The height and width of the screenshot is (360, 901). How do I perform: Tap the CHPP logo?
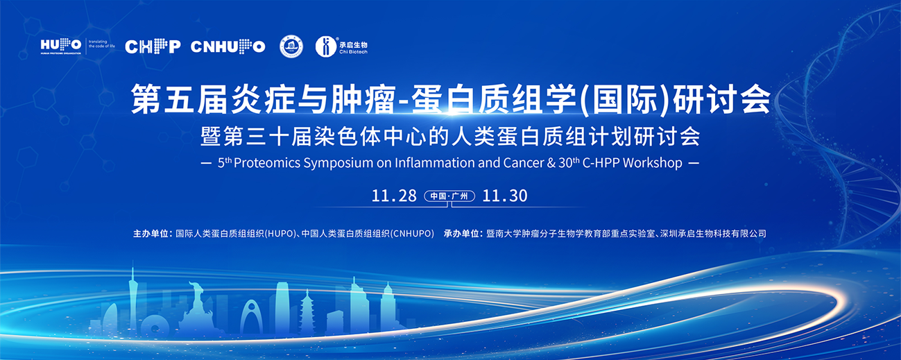click(153, 46)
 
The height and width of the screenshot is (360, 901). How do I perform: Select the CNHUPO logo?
click(228, 46)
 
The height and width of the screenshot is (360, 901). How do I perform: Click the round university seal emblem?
click(291, 46)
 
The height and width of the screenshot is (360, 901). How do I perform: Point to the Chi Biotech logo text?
click(353, 48)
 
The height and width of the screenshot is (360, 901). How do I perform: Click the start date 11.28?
click(394, 196)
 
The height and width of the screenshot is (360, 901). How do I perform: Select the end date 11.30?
click(504, 196)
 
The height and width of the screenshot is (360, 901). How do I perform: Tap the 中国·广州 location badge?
click(449, 196)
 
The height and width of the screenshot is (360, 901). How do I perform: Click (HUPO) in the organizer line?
click(280, 234)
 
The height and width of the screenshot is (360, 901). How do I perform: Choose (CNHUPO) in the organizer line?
click(412, 234)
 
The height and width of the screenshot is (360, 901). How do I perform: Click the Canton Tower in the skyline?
click(132, 298)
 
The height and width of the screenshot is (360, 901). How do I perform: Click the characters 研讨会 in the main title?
click(721, 99)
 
